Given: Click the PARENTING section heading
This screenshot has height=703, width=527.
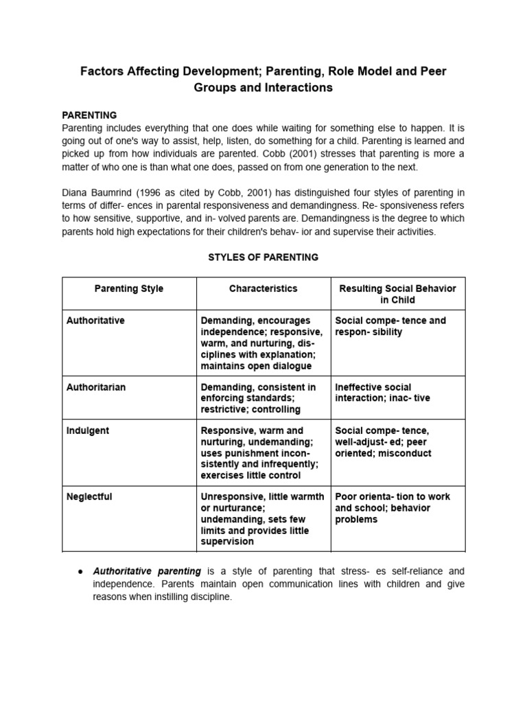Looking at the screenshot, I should [89, 115].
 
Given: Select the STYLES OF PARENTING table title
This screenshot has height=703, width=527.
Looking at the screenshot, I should [263, 257].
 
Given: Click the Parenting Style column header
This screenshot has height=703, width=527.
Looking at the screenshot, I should [129, 289].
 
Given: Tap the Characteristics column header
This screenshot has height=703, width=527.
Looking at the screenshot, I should [263, 289].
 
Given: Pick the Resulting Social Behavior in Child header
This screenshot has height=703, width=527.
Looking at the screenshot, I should [398, 294].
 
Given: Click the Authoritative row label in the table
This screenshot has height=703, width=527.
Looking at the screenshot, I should [95, 321].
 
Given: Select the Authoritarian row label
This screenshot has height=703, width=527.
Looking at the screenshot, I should [96, 387].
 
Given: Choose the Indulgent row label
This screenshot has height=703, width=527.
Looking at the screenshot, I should [88, 431].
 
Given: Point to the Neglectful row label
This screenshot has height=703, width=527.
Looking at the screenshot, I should [90, 497].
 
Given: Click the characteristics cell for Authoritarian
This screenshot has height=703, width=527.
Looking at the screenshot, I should [259, 398].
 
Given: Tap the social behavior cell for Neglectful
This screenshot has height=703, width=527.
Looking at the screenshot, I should [393, 508].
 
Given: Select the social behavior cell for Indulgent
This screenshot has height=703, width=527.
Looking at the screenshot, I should [383, 442].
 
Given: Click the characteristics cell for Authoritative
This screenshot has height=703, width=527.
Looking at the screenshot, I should [261, 343].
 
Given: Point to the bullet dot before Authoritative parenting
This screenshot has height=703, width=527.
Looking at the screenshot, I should [81, 571].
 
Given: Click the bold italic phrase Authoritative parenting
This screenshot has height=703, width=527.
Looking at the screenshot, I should [147, 571].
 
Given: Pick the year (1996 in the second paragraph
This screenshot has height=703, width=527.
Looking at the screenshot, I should [157, 192].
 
